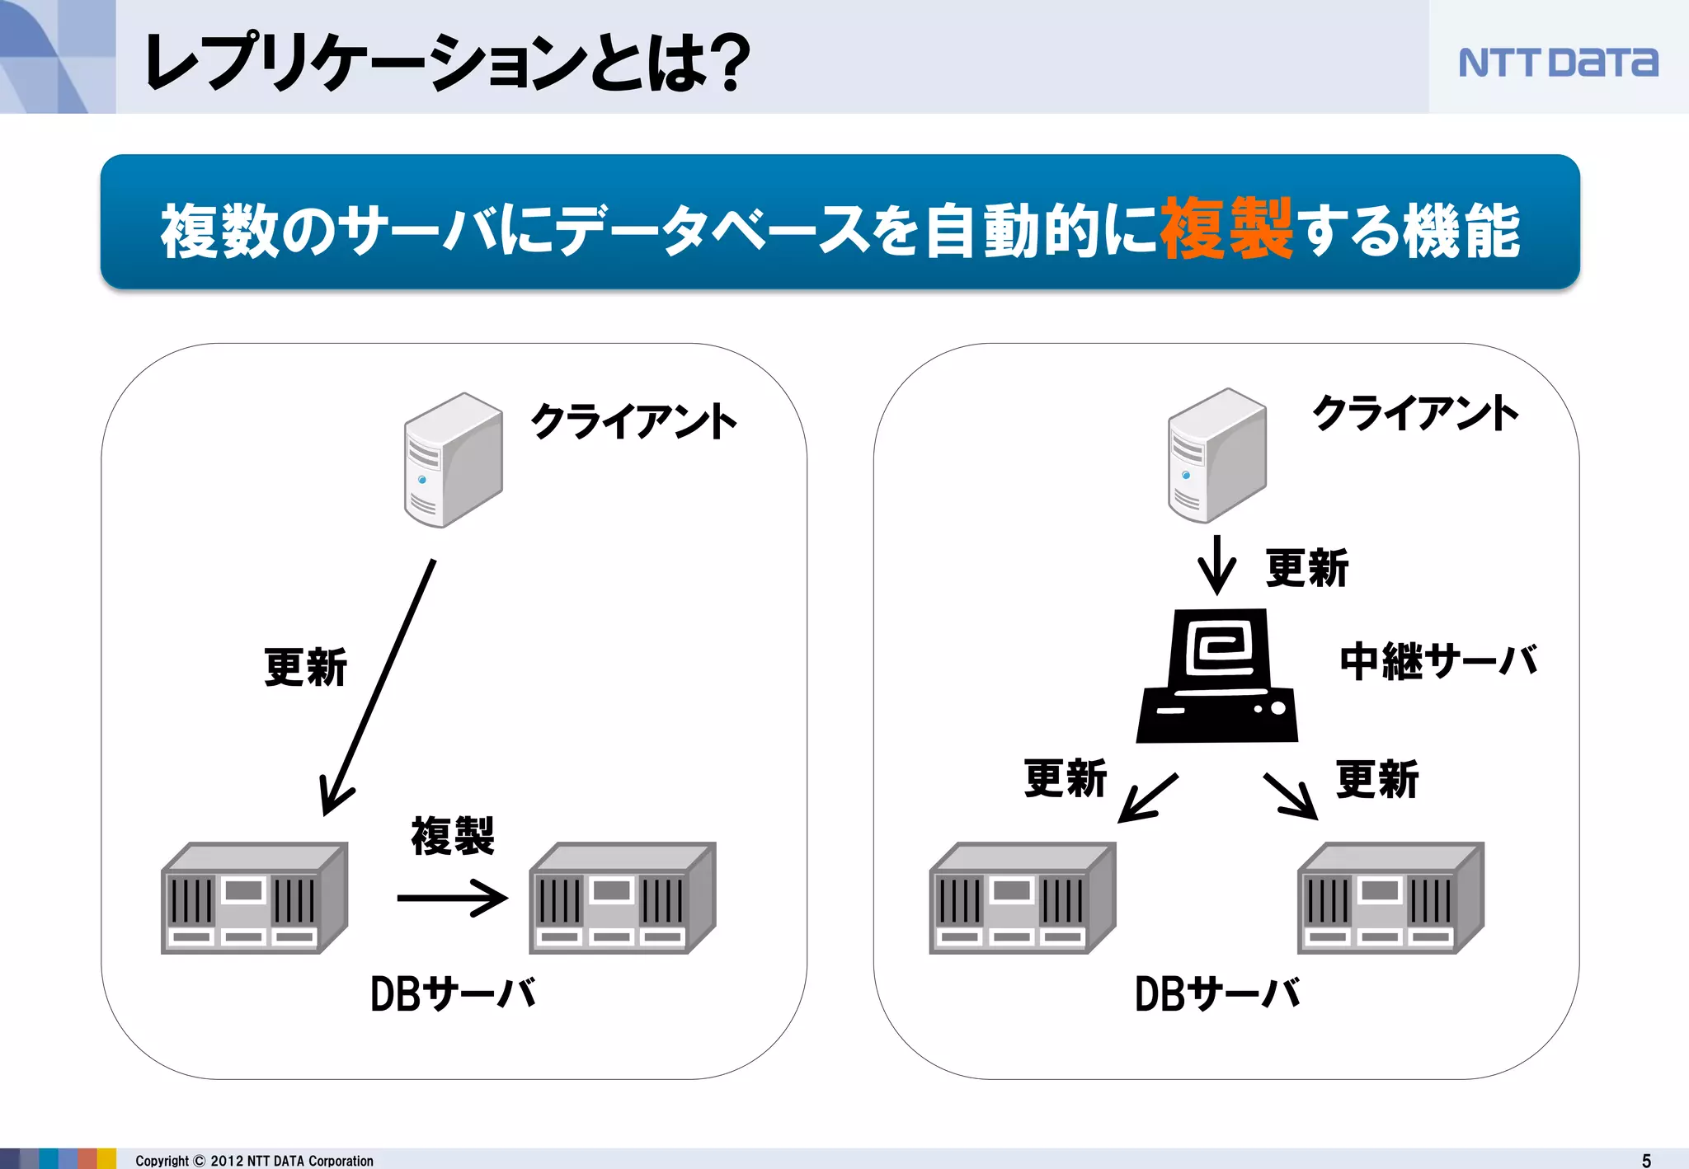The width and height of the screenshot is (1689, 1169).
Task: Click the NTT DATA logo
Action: coord(1558,62)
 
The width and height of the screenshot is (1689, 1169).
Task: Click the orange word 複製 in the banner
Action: coord(1226,229)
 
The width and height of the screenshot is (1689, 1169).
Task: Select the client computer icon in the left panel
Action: coord(453,460)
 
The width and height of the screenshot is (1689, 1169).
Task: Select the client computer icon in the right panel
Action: coord(1216,455)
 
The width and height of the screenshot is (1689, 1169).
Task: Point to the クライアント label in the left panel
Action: coord(633,421)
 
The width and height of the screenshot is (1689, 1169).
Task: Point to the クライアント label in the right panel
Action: coord(1415,413)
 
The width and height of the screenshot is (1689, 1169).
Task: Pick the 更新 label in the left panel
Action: coord(306,667)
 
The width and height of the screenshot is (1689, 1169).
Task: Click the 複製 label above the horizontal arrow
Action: coord(453,836)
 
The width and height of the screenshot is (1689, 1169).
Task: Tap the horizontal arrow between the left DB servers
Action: coord(452,898)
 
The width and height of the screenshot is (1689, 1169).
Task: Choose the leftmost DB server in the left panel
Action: coord(254,898)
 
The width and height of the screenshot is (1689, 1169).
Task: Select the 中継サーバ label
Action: coord(1438,661)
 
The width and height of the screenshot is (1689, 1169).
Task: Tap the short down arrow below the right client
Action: coord(1216,566)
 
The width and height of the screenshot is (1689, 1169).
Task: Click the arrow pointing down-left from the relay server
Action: coord(1147,797)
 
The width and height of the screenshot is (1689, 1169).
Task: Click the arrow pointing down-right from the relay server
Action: coord(1291,796)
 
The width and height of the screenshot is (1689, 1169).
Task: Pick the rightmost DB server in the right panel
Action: coord(1390,898)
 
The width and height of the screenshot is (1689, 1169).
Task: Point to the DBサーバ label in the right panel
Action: coord(1217,994)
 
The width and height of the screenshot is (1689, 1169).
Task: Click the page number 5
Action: coord(1646,1160)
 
